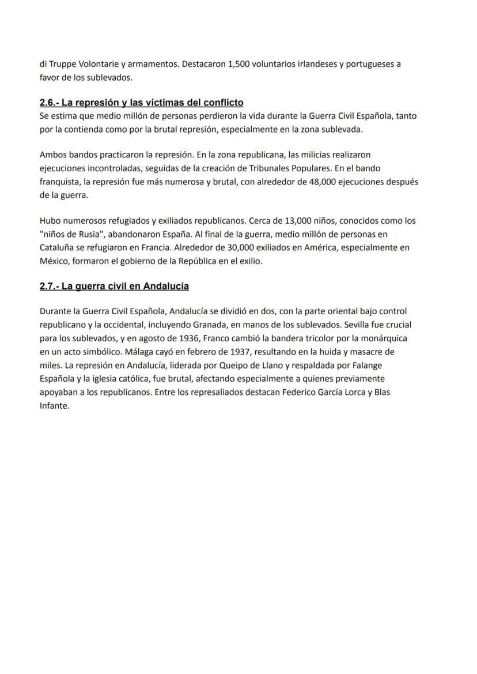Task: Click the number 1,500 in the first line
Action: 233,64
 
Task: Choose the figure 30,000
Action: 237,247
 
